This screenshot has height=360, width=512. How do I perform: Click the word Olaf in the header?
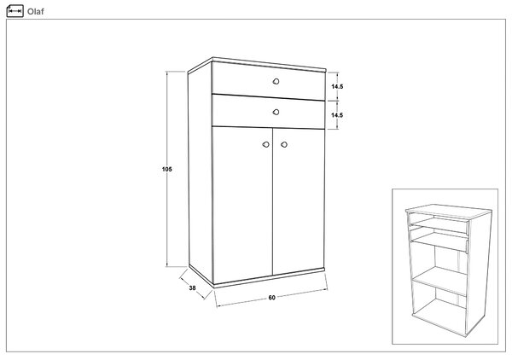point(35,11)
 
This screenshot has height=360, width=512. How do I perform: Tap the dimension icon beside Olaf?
point(15,11)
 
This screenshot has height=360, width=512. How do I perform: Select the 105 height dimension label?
point(167,169)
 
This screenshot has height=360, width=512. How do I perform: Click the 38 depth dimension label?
point(192,287)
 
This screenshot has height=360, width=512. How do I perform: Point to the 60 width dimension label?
point(271,298)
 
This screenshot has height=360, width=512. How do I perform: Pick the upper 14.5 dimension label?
point(337,86)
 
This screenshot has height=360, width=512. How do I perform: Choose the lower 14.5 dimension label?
point(337,115)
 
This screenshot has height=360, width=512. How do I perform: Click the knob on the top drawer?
point(276,81)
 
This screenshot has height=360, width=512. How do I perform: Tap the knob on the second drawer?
point(276,112)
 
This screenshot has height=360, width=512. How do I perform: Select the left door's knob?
point(266,144)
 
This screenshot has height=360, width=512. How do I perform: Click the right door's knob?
point(284,144)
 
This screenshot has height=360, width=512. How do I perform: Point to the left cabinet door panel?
point(242,206)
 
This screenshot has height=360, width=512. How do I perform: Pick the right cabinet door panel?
point(299,200)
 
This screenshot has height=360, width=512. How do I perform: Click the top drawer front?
point(269,81)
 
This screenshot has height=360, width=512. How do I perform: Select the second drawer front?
point(269,112)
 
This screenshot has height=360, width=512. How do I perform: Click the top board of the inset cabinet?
point(448,212)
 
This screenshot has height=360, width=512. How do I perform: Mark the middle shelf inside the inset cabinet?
point(439,281)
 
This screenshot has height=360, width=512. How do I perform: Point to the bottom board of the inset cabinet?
point(439,316)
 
